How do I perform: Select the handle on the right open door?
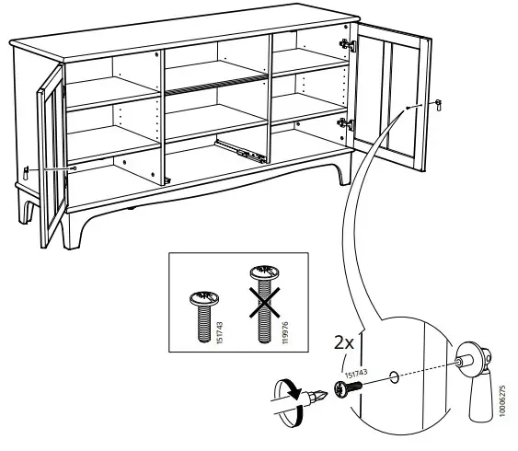[437, 106]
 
